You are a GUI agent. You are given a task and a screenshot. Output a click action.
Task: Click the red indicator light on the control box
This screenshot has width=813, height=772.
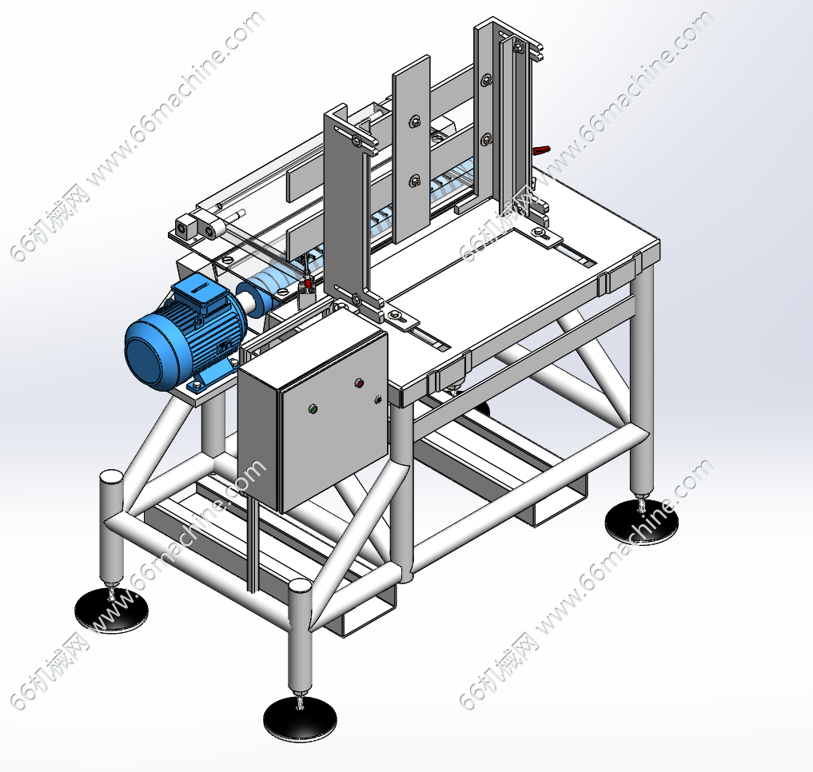pos(359,384)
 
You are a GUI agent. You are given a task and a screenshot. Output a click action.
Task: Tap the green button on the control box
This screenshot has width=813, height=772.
pos(313,409)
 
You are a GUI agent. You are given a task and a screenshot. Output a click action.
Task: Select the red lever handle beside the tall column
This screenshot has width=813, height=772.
pos(541,150)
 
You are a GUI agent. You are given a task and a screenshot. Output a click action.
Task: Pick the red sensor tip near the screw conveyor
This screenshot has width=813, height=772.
pos(308,284)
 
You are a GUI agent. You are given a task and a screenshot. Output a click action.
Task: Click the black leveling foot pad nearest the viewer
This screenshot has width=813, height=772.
pos(300,718)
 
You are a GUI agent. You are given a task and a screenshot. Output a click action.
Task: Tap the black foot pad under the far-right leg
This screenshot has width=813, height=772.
pos(642,520)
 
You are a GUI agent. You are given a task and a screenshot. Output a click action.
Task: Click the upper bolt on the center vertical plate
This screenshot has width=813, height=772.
pos(414,121)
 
